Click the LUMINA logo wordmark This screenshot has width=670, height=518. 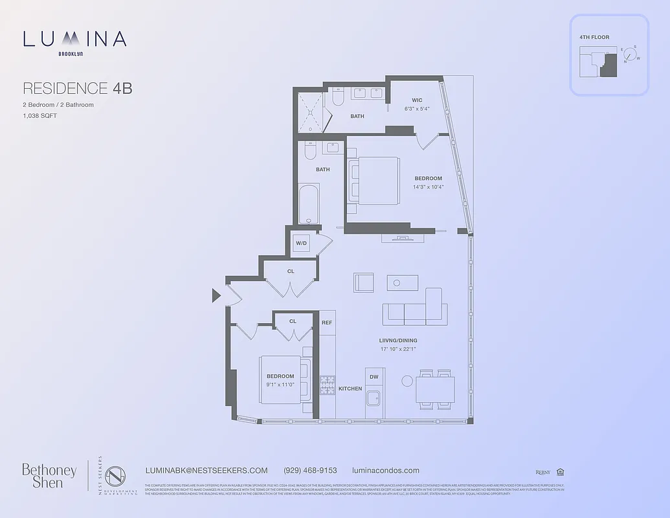pyautogui.click(x=74, y=39)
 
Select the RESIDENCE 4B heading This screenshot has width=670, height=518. pyautogui.click(x=77, y=88)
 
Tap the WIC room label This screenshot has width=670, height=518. pyautogui.click(x=417, y=100)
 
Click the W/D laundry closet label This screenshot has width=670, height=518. pyautogui.click(x=301, y=243)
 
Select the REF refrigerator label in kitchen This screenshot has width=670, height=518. pyautogui.click(x=327, y=322)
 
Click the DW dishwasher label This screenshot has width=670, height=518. pyautogui.click(x=374, y=377)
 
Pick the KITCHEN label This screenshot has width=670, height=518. pyautogui.click(x=350, y=388)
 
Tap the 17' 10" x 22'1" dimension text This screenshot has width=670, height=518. pyautogui.click(x=397, y=349)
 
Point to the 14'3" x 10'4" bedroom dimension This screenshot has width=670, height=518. pyautogui.click(x=428, y=186)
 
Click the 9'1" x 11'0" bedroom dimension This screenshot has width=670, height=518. pyautogui.click(x=280, y=384)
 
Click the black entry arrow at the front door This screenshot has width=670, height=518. pyautogui.click(x=216, y=296)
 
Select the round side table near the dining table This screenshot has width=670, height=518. pyautogui.click(x=407, y=381)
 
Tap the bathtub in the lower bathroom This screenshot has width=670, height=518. pyautogui.click(x=309, y=205)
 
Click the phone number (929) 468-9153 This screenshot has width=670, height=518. pyautogui.click(x=310, y=471)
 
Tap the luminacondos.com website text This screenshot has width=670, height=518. pyautogui.click(x=385, y=471)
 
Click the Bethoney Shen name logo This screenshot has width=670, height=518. pyautogui.click(x=49, y=475)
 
